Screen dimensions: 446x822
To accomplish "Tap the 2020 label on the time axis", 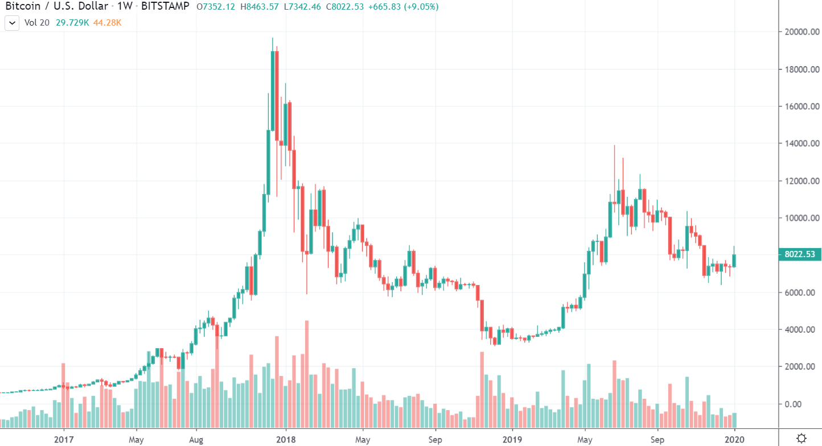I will [x=735, y=439].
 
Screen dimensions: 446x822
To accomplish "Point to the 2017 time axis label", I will [x=64, y=439].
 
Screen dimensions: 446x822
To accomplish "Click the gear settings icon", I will [x=801, y=438].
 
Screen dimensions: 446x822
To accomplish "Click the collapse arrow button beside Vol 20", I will [x=11, y=23].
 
